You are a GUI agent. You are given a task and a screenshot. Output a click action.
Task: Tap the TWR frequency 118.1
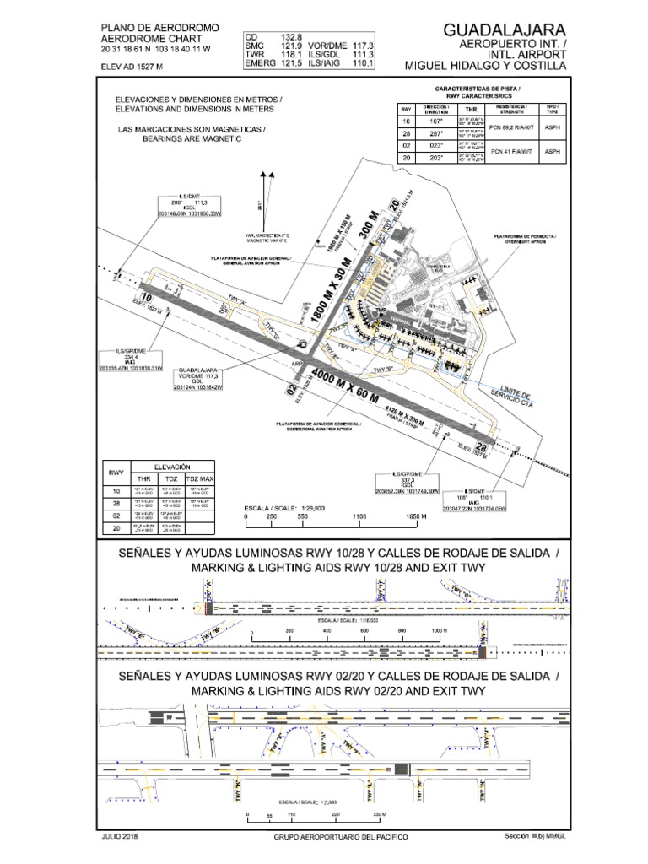[292, 54]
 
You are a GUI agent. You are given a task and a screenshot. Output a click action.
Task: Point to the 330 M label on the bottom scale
[377, 815]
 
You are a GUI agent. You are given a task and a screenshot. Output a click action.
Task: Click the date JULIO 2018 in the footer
[118, 836]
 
